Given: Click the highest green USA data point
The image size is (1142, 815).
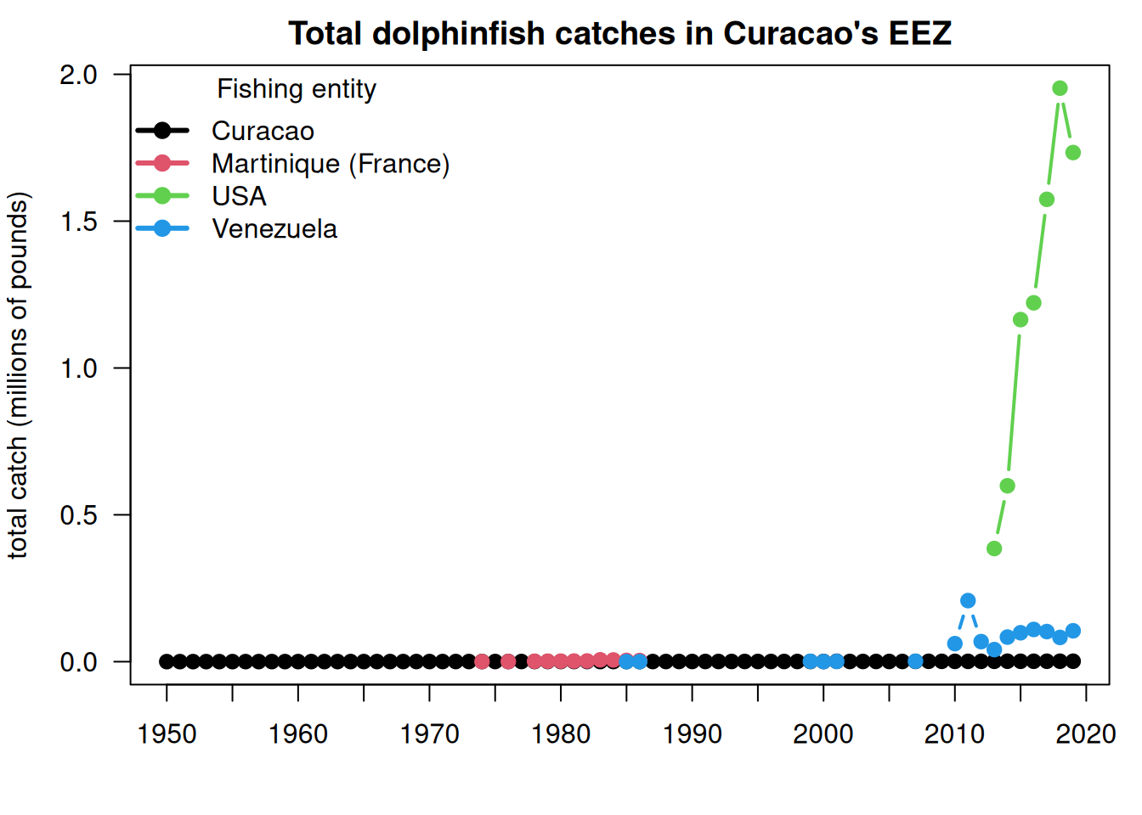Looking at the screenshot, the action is coord(1060,88).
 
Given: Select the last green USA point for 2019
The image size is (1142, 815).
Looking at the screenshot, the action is coord(1073,152).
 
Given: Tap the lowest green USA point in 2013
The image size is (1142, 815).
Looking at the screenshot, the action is coord(994,548).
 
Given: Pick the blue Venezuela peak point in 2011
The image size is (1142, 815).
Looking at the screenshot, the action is coord(968,601).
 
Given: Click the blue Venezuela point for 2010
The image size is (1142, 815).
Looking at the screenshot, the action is coord(955,644).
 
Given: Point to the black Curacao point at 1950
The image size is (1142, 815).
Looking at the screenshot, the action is coord(167,661).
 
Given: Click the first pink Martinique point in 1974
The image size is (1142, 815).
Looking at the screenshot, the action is coord(482,661).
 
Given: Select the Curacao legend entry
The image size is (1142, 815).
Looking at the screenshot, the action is coord(263,131).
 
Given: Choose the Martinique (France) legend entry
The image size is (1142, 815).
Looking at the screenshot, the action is coord(331,164).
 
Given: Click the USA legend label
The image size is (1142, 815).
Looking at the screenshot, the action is coord(239,196).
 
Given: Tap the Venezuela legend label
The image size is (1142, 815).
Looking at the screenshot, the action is coord(274,228).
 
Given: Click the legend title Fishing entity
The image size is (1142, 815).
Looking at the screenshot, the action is coord(297,89).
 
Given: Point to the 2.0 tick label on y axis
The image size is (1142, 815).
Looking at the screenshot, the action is coord(78,76).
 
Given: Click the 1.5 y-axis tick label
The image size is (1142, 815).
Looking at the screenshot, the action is coord(78,222).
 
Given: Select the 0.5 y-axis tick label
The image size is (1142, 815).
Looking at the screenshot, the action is coord(78,515).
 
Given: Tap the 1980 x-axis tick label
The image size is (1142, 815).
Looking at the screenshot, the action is coord(561,734).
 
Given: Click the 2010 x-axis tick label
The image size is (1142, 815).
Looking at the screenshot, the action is coord(955,734).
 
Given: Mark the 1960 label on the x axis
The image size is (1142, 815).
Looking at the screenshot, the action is coord(297,734).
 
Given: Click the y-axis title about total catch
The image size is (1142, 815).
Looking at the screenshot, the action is coord(19,376).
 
